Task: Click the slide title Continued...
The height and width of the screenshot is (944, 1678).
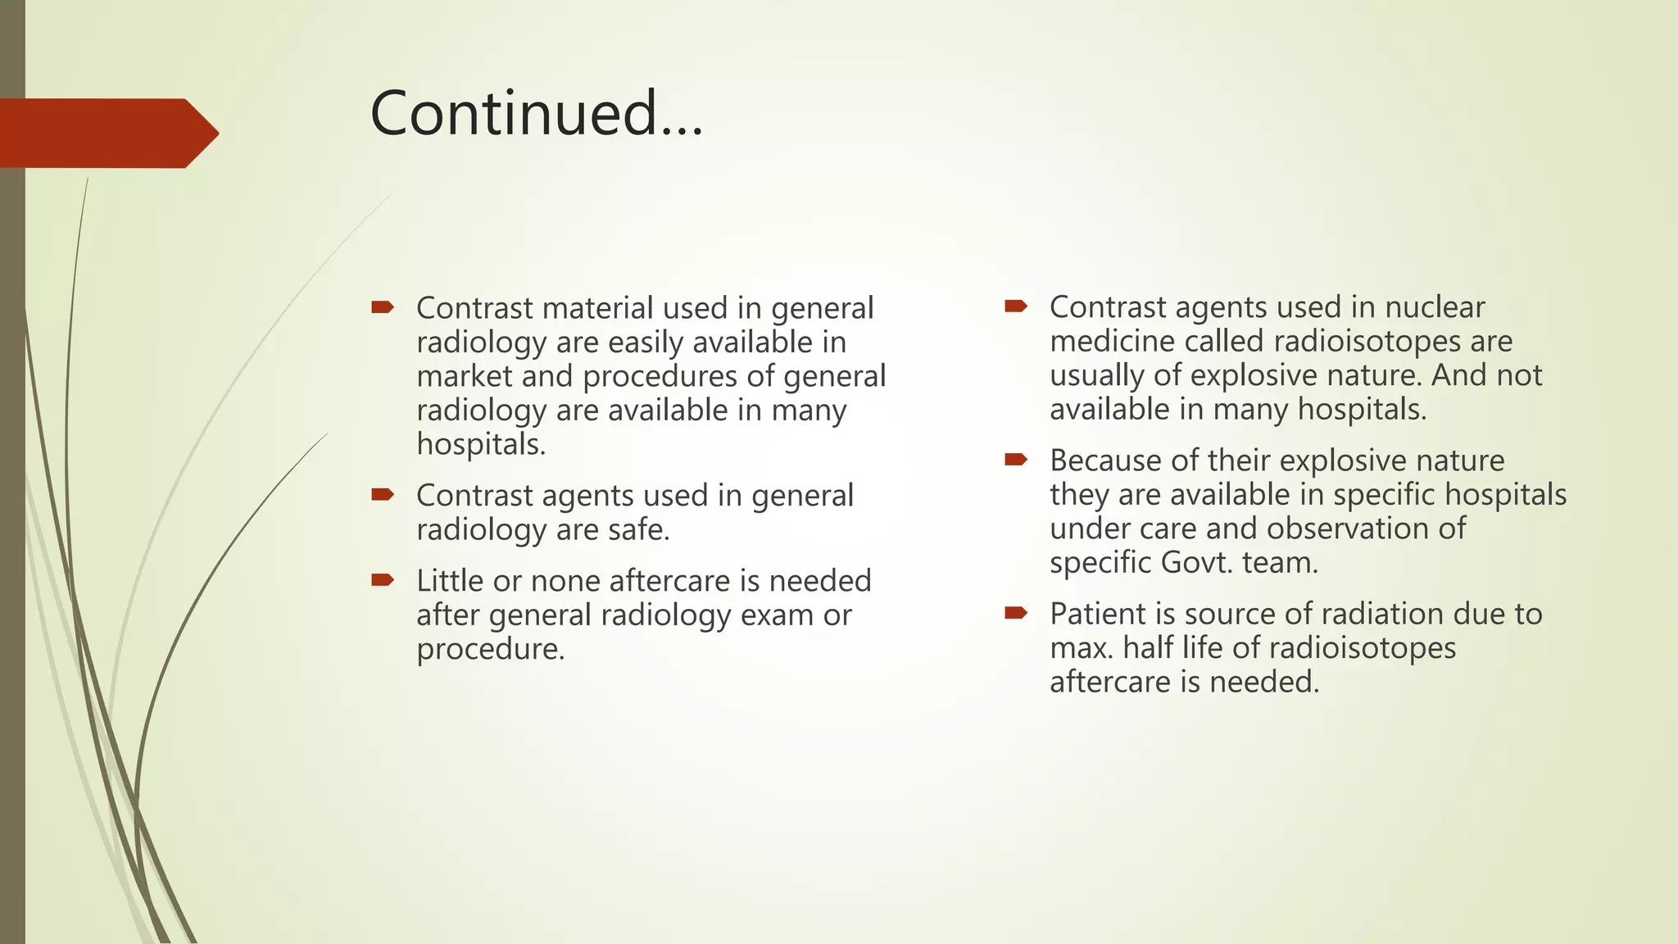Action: (537, 113)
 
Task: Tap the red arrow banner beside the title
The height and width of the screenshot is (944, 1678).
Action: (107, 133)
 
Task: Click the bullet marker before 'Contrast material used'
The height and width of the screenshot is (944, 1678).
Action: (383, 308)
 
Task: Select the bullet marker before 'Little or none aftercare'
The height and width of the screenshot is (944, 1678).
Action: (383, 581)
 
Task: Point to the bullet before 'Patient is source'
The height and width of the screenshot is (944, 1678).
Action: (1016, 613)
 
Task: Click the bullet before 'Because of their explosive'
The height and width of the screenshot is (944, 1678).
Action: (1016, 460)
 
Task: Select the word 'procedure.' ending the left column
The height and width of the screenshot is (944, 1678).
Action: (491, 649)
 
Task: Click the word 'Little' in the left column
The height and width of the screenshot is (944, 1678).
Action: (450, 581)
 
